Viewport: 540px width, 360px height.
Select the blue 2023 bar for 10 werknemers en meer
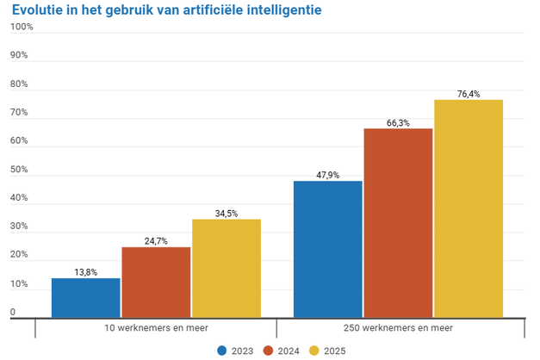click(86, 298)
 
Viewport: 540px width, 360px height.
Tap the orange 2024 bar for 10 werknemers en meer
click(156, 282)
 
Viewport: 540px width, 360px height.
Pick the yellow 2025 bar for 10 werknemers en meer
click(227, 269)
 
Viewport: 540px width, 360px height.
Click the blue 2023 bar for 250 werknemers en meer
click(327, 250)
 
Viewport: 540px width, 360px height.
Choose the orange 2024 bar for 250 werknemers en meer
click(398, 223)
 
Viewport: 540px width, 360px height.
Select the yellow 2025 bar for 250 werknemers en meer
click(469, 209)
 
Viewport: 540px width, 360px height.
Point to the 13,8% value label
click(86, 272)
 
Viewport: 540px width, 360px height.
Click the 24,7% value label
click(156, 241)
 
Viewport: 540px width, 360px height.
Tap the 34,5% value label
click(227, 213)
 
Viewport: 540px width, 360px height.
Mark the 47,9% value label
click(327, 175)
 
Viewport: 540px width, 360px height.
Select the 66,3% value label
click(398, 122)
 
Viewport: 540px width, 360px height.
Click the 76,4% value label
click(469, 94)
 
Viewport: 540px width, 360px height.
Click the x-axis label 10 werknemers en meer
click(156, 328)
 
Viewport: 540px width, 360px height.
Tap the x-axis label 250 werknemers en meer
click(398, 328)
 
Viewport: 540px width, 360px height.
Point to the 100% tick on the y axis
click(22, 27)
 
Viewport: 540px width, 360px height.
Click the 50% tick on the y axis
click(19, 170)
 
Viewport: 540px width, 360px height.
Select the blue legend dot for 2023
click(223, 351)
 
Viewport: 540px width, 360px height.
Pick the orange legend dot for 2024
click(268, 351)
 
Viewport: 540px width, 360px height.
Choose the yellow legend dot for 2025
click(313, 351)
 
